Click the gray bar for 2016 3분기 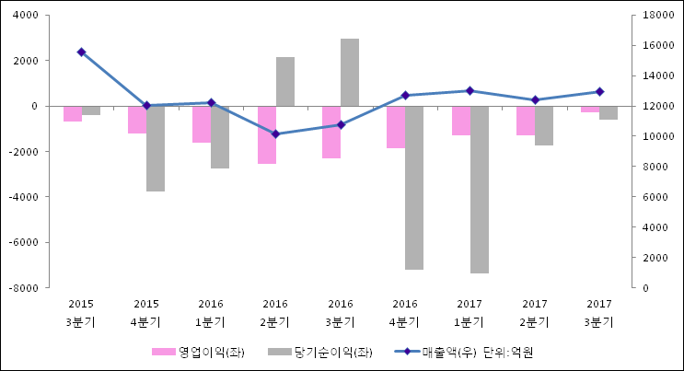tap(350, 73)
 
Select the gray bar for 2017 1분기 tap(480, 190)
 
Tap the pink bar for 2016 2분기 tap(267, 135)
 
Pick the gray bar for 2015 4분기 tap(156, 149)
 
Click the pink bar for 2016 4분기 tap(396, 127)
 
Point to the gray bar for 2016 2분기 tap(285, 82)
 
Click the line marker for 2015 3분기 tap(81, 52)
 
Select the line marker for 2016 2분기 tap(275, 134)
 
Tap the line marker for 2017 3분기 tap(600, 92)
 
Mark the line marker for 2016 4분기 tap(405, 95)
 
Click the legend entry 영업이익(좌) tap(198, 352)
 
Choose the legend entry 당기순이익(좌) tap(320, 352)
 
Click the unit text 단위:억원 tap(508, 352)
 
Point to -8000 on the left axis tap(25, 288)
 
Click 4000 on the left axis tap(26, 16)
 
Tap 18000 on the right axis tap(659, 16)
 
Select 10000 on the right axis tap(659, 136)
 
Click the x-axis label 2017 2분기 tap(534, 313)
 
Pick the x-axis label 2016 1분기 tap(211, 313)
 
